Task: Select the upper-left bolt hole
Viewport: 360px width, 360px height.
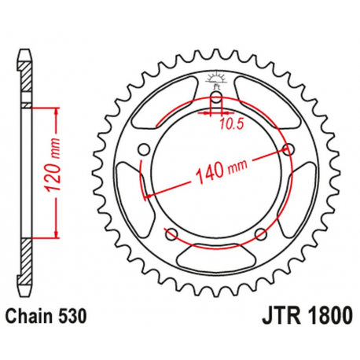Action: tap(143, 149)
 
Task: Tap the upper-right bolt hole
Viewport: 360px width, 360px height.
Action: tap(288, 149)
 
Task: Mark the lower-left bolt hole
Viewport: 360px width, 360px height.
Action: tap(171, 233)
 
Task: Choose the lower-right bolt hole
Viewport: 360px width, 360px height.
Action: tap(260, 233)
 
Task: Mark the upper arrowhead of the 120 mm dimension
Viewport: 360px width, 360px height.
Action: tap(56, 110)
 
